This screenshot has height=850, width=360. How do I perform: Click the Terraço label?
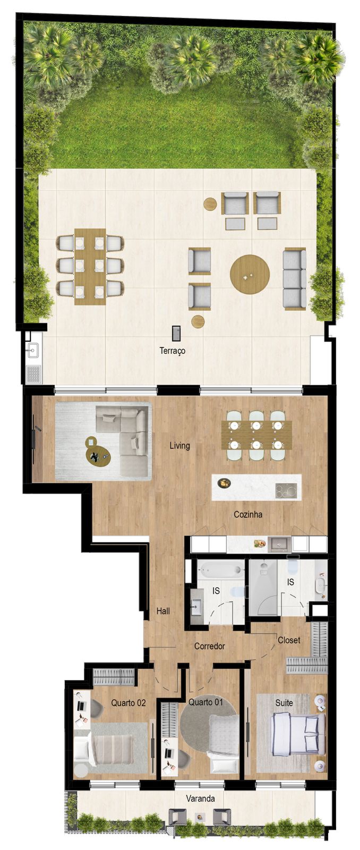pyautogui.click(x=173, y=351)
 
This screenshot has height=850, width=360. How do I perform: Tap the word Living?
pyautogui.click(x=179, y=445)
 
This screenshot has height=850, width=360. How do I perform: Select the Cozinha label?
pyautogui.click(x=248, y=514)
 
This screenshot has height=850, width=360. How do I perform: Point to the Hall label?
pyautogui.click(x=163, y=611)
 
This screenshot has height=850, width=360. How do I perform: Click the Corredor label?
pyautogui.click(x=210, y=646)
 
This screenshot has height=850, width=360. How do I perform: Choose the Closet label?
pyautogui.click(x=289, y=640)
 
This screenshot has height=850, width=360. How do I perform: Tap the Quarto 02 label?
pyautogui.click(x=128, y=702)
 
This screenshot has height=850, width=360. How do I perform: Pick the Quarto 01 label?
pyautogui.click(x=205, y=702)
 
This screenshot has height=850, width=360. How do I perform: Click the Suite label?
pyautogui.click(x=284, y=702)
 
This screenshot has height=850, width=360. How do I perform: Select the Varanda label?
pyautogui.click(x=200, y=798)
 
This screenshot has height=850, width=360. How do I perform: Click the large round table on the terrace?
pyautogui.click(x=250, y=274)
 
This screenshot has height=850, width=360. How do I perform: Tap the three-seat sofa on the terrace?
pyautogui.click(x=295, y=278)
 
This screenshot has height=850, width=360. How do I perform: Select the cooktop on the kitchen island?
pyautogui.click(x=286, y=491)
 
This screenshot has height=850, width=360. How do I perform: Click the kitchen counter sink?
pyautogui.click(x=279, y=544)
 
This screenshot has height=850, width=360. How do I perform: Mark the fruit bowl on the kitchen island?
pyautogui.click(x=224, y=483)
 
